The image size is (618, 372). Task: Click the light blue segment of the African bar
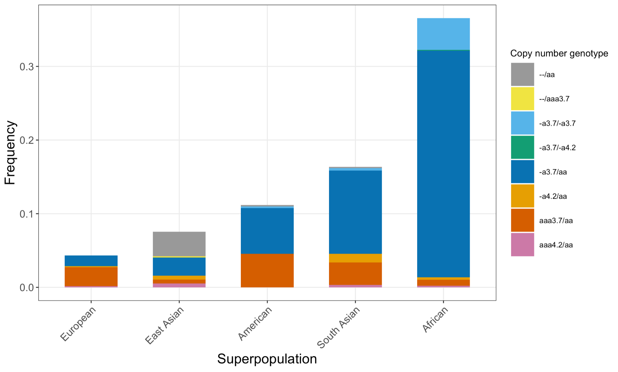(x=443, y=34)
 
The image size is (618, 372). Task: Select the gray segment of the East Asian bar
(x=179, y=244)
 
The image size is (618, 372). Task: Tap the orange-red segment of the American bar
(x=267, y=270)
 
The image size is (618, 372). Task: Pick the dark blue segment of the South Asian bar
(x=355, y=212)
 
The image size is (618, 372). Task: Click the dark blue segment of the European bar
(x=91, y=261)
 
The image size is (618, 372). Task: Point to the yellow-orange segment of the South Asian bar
(x=355, y=258)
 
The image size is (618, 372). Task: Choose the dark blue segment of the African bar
(x=443, y=164)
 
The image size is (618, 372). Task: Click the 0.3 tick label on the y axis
(x=27, y=67)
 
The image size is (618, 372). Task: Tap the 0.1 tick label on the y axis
(x=27, y=214)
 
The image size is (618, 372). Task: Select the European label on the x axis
(x=78, y=324)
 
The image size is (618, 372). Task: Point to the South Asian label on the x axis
(x=339, y=327)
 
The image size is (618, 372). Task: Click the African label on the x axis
(x=435, y=320)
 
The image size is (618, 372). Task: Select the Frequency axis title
(x=10, y=153)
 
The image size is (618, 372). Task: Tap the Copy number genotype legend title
(x=559, y=53)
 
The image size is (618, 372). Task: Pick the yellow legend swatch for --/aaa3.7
(x=522, y=99)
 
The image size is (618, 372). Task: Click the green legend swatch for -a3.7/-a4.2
(x=522, y=147)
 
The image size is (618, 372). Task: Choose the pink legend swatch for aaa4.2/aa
(x=522, y=245)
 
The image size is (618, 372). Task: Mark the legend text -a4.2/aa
(x=553, y=196)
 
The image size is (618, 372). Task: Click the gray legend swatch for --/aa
(x=522, y=75)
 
